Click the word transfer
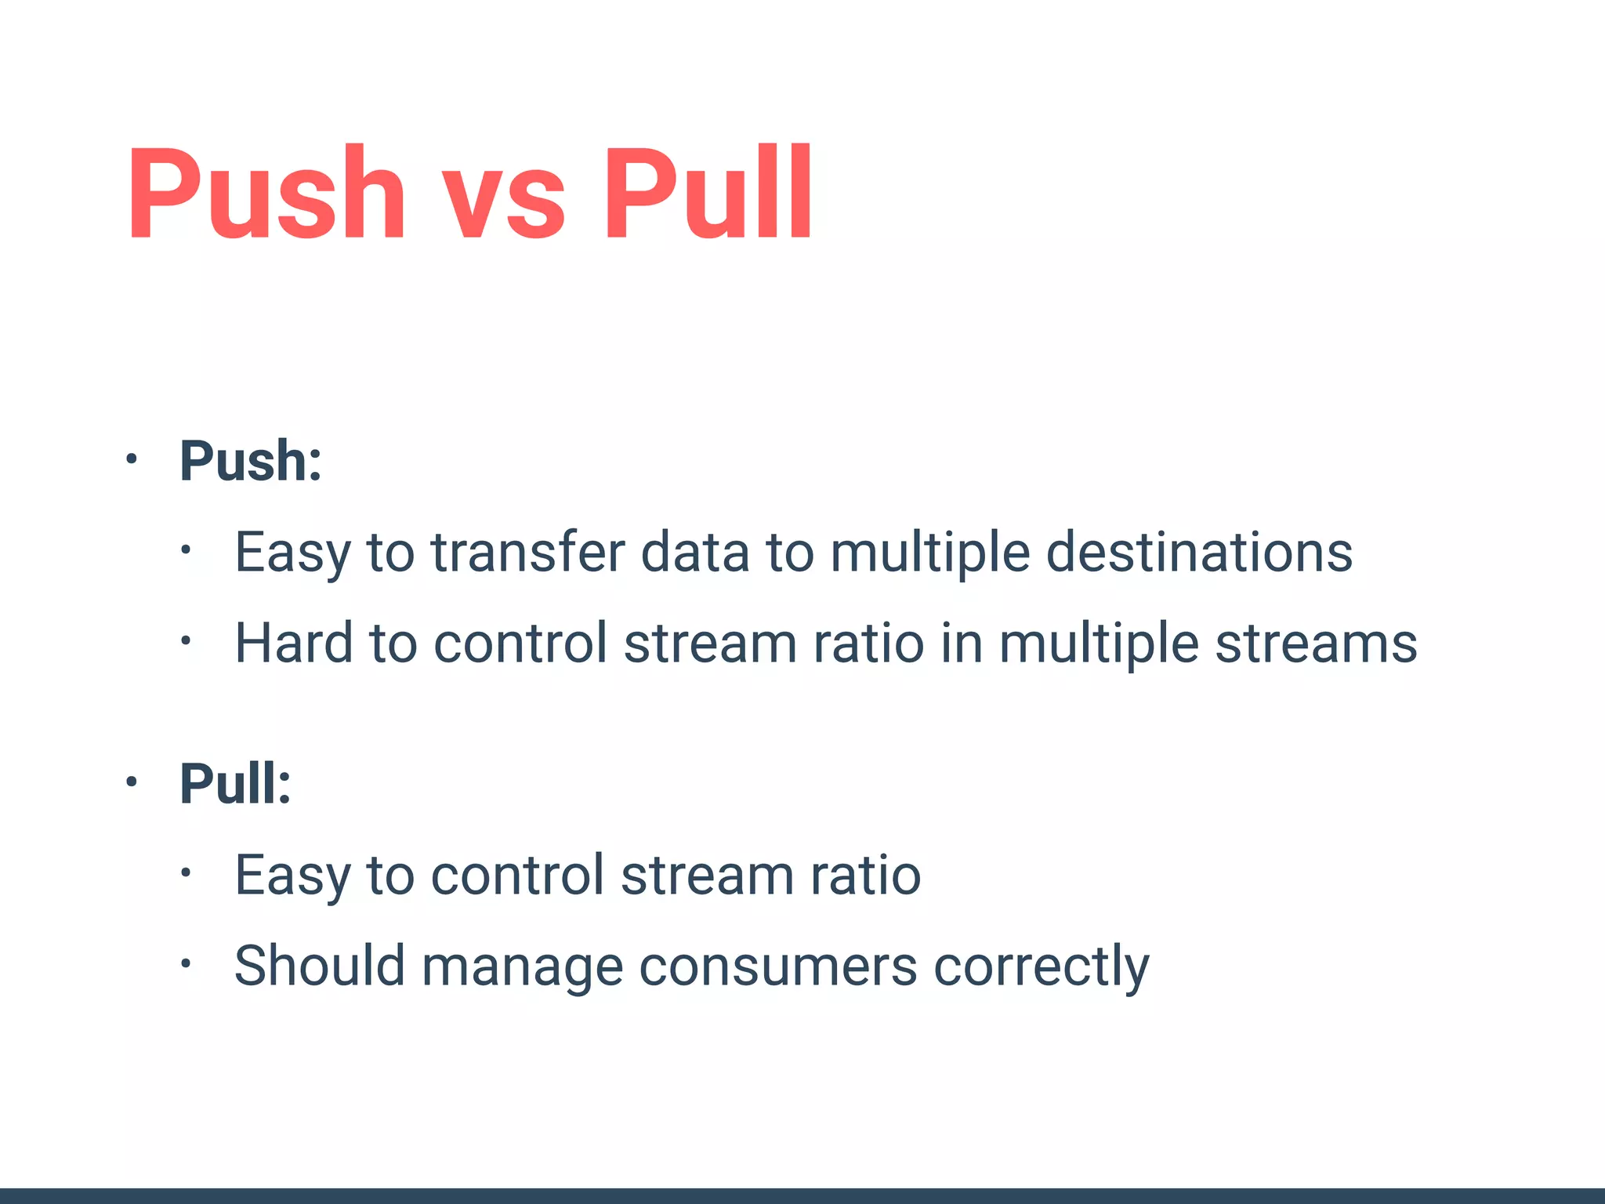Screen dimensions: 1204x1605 (528, 553)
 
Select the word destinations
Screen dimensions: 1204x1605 (1199, 553)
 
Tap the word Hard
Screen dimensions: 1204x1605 (294, 644)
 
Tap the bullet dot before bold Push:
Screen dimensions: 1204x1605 (132, 459)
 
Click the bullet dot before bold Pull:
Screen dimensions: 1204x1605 (132, 782)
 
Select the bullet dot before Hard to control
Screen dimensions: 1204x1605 (185, 641)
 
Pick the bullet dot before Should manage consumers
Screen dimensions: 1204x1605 (185, 963)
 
